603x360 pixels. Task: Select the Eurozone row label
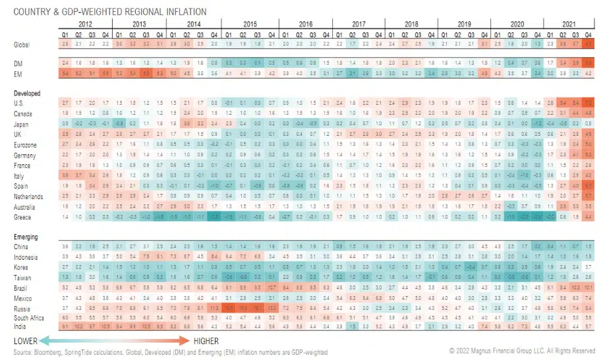(24, 144)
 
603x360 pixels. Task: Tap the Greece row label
(22, 217)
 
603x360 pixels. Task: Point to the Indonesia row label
(25, 256)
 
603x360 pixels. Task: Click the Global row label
(21, 44)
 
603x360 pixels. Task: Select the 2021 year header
(569, 24)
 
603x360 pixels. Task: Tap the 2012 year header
(84, 24)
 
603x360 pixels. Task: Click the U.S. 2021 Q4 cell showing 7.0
(589, 104)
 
